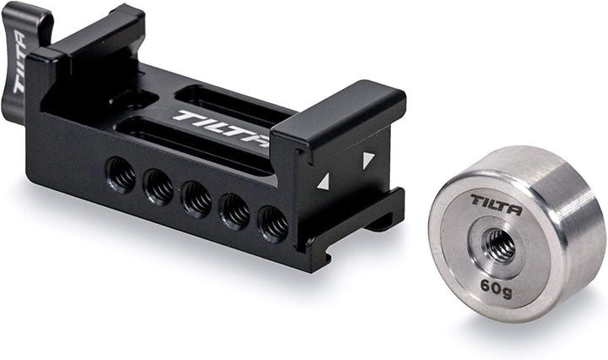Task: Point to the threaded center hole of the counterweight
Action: [498, 245]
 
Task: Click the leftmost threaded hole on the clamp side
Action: [120, 175]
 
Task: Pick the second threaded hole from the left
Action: [158, 188]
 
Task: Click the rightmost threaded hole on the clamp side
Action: [273, 224]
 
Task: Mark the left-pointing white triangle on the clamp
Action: [323, 180]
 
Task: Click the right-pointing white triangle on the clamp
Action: [368, 159]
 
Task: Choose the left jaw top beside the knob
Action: [93, 34]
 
